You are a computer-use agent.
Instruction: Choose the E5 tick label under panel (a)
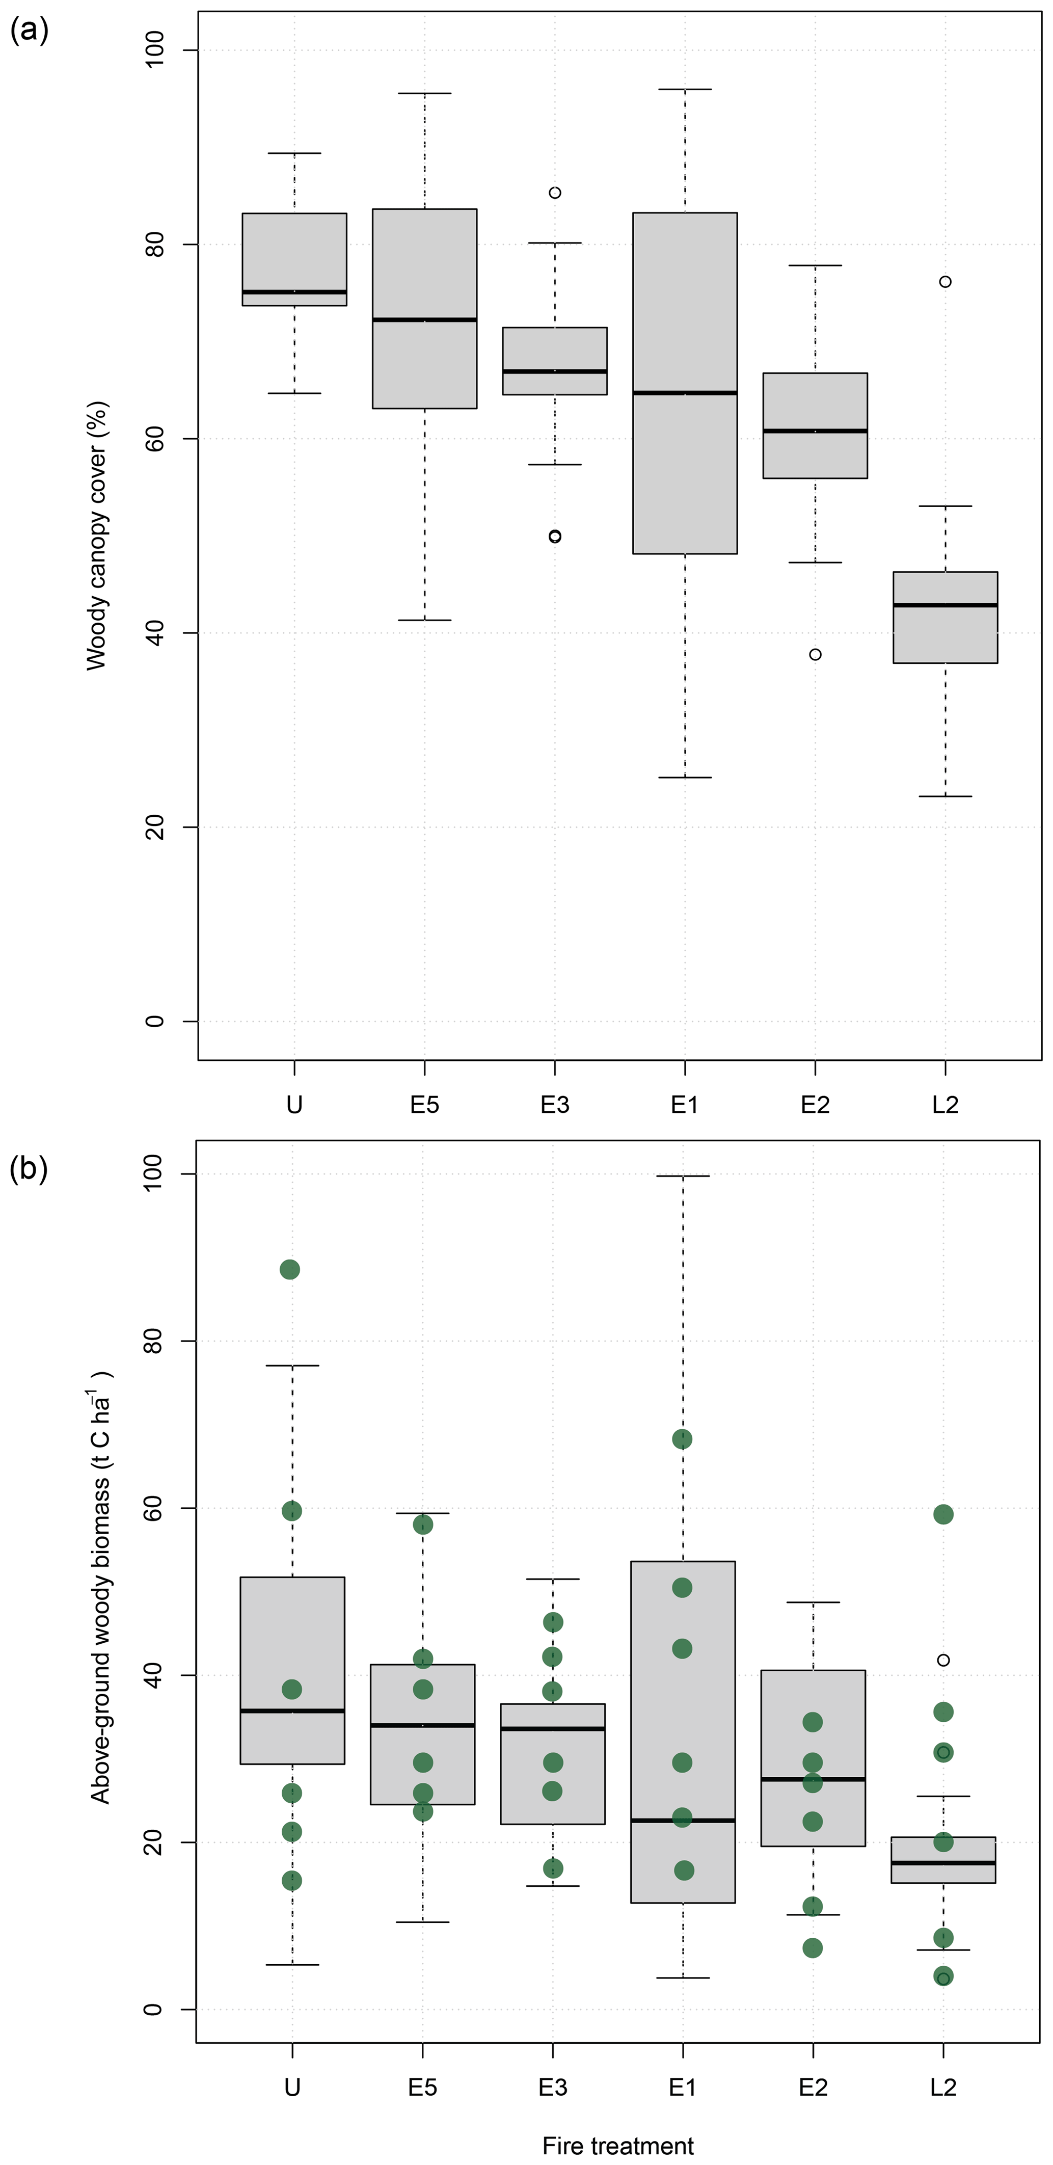point(424,1104)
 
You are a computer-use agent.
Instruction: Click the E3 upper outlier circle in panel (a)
point(555,193)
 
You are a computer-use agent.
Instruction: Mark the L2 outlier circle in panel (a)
point(946,282)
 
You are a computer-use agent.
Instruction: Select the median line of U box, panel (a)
point(294,291)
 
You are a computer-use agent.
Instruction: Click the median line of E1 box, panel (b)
point(683,1820)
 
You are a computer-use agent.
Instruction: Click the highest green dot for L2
point(943,1514)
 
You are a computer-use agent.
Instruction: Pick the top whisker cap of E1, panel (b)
point(683,1176)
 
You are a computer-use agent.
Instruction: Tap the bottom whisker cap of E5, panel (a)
point(424,620)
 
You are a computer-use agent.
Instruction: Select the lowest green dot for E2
point(813,1947)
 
